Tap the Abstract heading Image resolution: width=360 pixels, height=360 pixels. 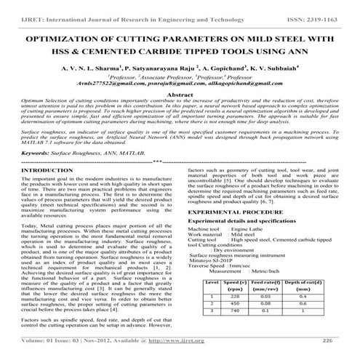[x=180, y=95]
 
